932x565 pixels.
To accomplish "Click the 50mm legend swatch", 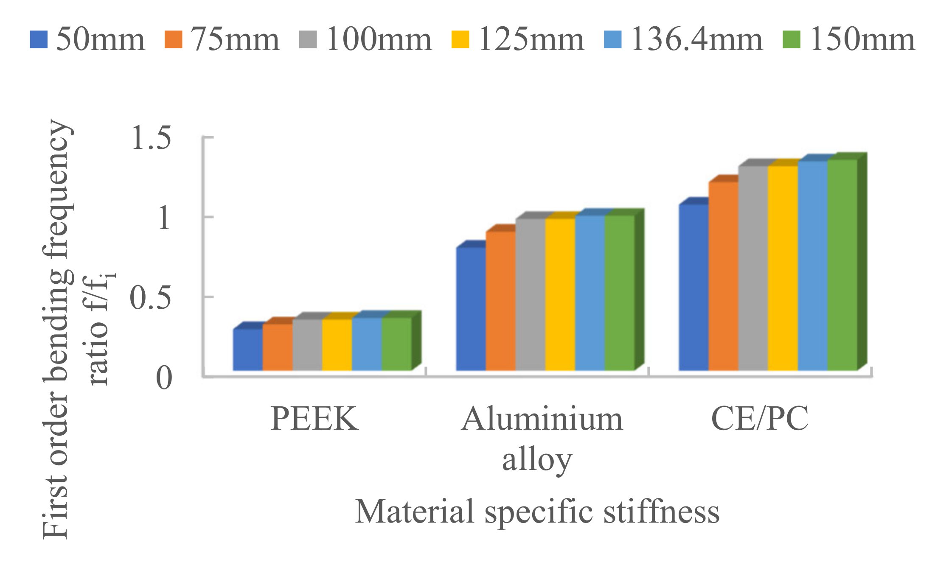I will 38,39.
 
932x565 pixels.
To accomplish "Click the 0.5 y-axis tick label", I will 150,298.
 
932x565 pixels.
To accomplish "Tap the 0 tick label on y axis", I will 164,378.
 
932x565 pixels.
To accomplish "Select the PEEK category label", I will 314,419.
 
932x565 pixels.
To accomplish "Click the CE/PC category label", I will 759,419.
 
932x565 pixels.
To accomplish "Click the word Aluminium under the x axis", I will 542,419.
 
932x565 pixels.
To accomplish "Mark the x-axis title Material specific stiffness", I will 537,511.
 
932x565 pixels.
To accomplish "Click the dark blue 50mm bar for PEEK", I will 248,350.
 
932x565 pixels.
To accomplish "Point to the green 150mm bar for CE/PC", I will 842,265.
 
